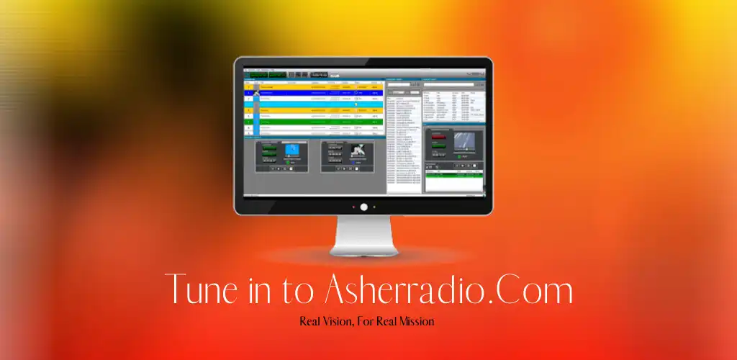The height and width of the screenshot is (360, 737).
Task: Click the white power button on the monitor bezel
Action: (x=363, y=207)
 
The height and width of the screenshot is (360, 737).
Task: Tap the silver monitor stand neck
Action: (x=363, y=234)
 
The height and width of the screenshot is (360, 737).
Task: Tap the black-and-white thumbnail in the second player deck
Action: (x=358, y=151)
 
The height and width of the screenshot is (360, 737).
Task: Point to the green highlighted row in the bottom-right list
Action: (x=453, y=174)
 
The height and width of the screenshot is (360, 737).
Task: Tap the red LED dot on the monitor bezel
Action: (x=353, y=207)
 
